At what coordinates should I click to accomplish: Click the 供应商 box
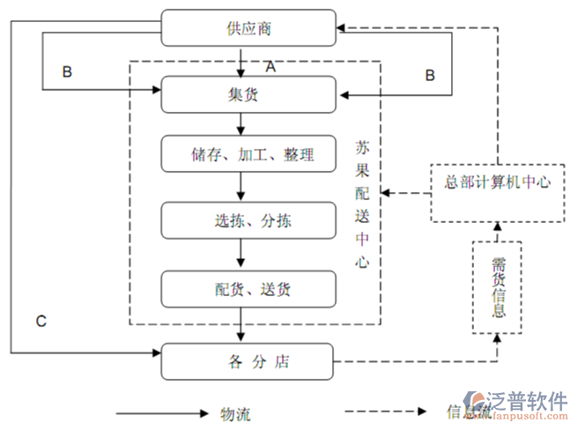pyautogui.click(x=248, y=28)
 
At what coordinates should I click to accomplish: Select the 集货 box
pyautogui.click(x=248, y=94)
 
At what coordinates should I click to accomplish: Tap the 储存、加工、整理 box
pyautogui.click(x=248, y=154)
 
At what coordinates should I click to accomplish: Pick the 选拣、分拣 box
pyautogui.click(x=248, y=220)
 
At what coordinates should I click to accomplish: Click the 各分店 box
pyautogui.click(x=248, y=361)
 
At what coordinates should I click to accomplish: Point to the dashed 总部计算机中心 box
pyautogui.click(x=497, y=182)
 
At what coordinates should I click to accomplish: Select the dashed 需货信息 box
pyautogui.click(x=498, y=287)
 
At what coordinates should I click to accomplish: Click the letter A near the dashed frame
pyautogui.click(x=270, y=66)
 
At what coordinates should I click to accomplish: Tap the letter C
pyautogui.click(x=41, y=321)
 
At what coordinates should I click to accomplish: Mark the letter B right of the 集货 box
pyautogui.click(x=430, y=75)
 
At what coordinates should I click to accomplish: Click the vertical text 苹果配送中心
pyautogui.click(x=362, y=203)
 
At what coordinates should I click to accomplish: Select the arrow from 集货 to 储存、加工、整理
pyautogui.click(x=241, y=123)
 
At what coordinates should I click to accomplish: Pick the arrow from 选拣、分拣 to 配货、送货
pyautogui.click(x=241, y=255)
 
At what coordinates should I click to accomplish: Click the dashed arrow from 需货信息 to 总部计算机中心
pyautogui.click(x=498, y=231)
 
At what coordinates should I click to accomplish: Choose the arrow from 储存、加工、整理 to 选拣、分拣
pyautogui.click(x=241, y=187)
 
